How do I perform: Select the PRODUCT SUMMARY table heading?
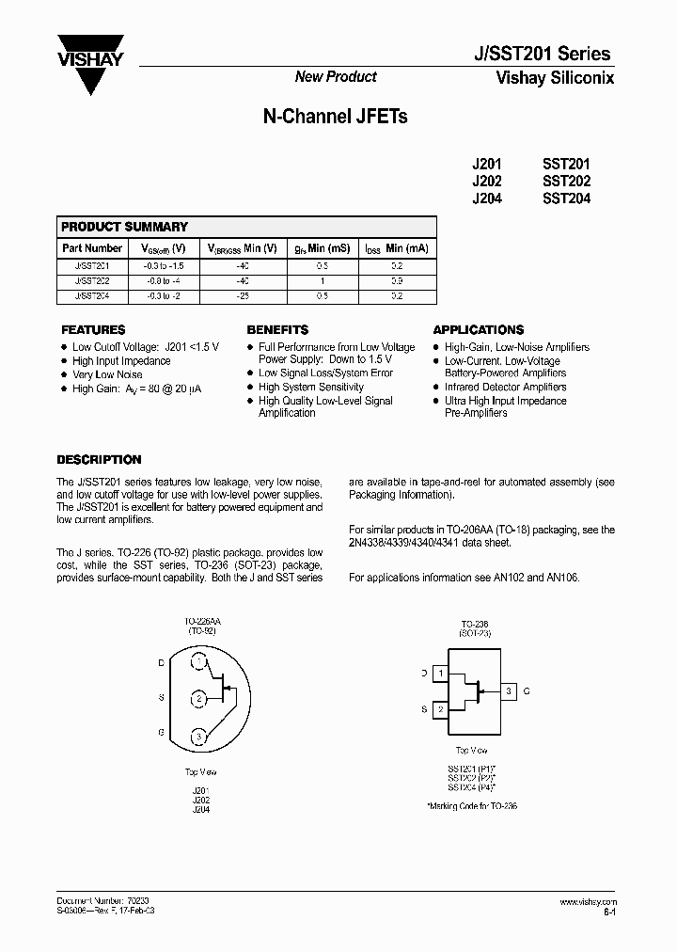point(124,227)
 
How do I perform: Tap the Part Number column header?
point(91,248)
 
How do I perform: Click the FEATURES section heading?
point(92,330)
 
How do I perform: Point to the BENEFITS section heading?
point(277,330)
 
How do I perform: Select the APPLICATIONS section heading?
point(478,330)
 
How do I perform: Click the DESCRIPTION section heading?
point(99,460)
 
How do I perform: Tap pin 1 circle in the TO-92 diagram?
point(199,662)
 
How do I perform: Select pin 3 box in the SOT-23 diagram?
point(509,691)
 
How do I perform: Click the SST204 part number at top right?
point(566,198)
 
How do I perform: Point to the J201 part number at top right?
point(486,163)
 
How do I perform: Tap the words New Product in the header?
point(336,77)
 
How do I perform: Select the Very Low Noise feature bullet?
point(107,374)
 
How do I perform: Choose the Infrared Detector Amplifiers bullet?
point(505,387)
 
